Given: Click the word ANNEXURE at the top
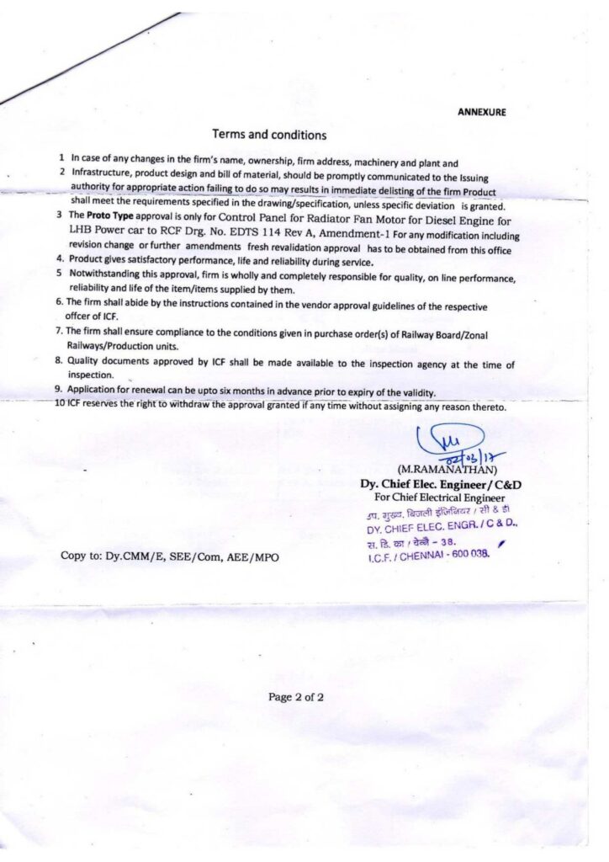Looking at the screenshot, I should [x=482, y=112].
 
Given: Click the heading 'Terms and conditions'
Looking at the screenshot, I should [x=269, y=134].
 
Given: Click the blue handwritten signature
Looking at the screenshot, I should [x=449, y=443].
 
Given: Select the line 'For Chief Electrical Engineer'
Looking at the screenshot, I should [x=434, y=498].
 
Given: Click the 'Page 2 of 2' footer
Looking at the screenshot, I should [x=296, y=697].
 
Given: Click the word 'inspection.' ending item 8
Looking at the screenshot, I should [x=91, y=375].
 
